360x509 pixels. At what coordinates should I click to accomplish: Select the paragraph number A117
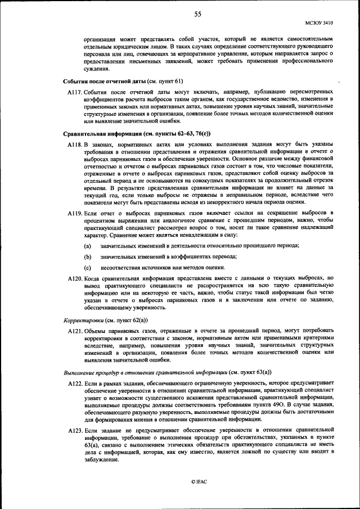coord(74,91)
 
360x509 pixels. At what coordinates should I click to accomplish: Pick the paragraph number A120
coord(74,278)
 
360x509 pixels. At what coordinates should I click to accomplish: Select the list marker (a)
coord(87,246)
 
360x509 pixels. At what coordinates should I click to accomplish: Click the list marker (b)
coord(87,256)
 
